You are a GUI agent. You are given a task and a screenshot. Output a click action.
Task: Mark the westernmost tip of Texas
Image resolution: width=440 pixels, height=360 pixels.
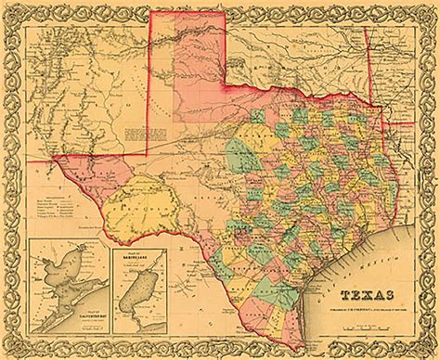point(57,157)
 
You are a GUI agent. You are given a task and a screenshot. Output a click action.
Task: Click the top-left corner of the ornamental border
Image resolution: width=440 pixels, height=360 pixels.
point(11,11)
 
